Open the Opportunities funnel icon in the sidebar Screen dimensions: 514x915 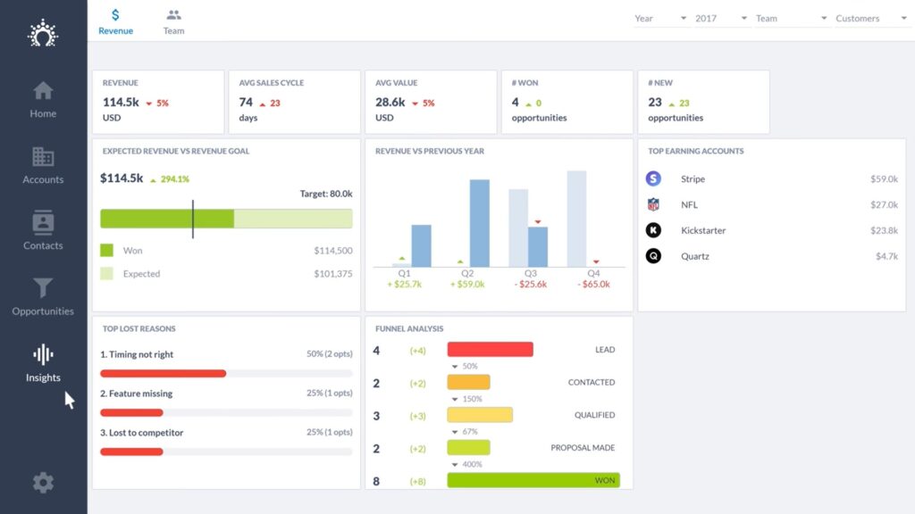(43, 288)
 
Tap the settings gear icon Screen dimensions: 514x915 (43, 483)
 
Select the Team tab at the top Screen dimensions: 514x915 (173, 21)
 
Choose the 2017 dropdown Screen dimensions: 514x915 (720, 19)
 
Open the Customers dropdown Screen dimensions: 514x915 (870, 19)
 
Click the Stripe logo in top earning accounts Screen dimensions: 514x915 (653, 178)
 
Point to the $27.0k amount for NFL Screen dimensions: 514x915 (884, 204)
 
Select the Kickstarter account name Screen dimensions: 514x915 (703, 230)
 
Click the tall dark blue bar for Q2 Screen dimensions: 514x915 (480, 223)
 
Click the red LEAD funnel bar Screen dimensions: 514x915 (490, 350)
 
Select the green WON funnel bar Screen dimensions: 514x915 (533, 480)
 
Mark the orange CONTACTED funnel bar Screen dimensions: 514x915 (468, 382)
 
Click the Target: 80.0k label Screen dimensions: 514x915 (325, 194)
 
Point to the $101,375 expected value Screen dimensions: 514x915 (332, 274)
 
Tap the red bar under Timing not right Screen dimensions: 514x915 (163, 374)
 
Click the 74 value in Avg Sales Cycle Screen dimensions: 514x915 (246, 103)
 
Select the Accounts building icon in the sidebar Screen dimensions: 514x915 (43, 157)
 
